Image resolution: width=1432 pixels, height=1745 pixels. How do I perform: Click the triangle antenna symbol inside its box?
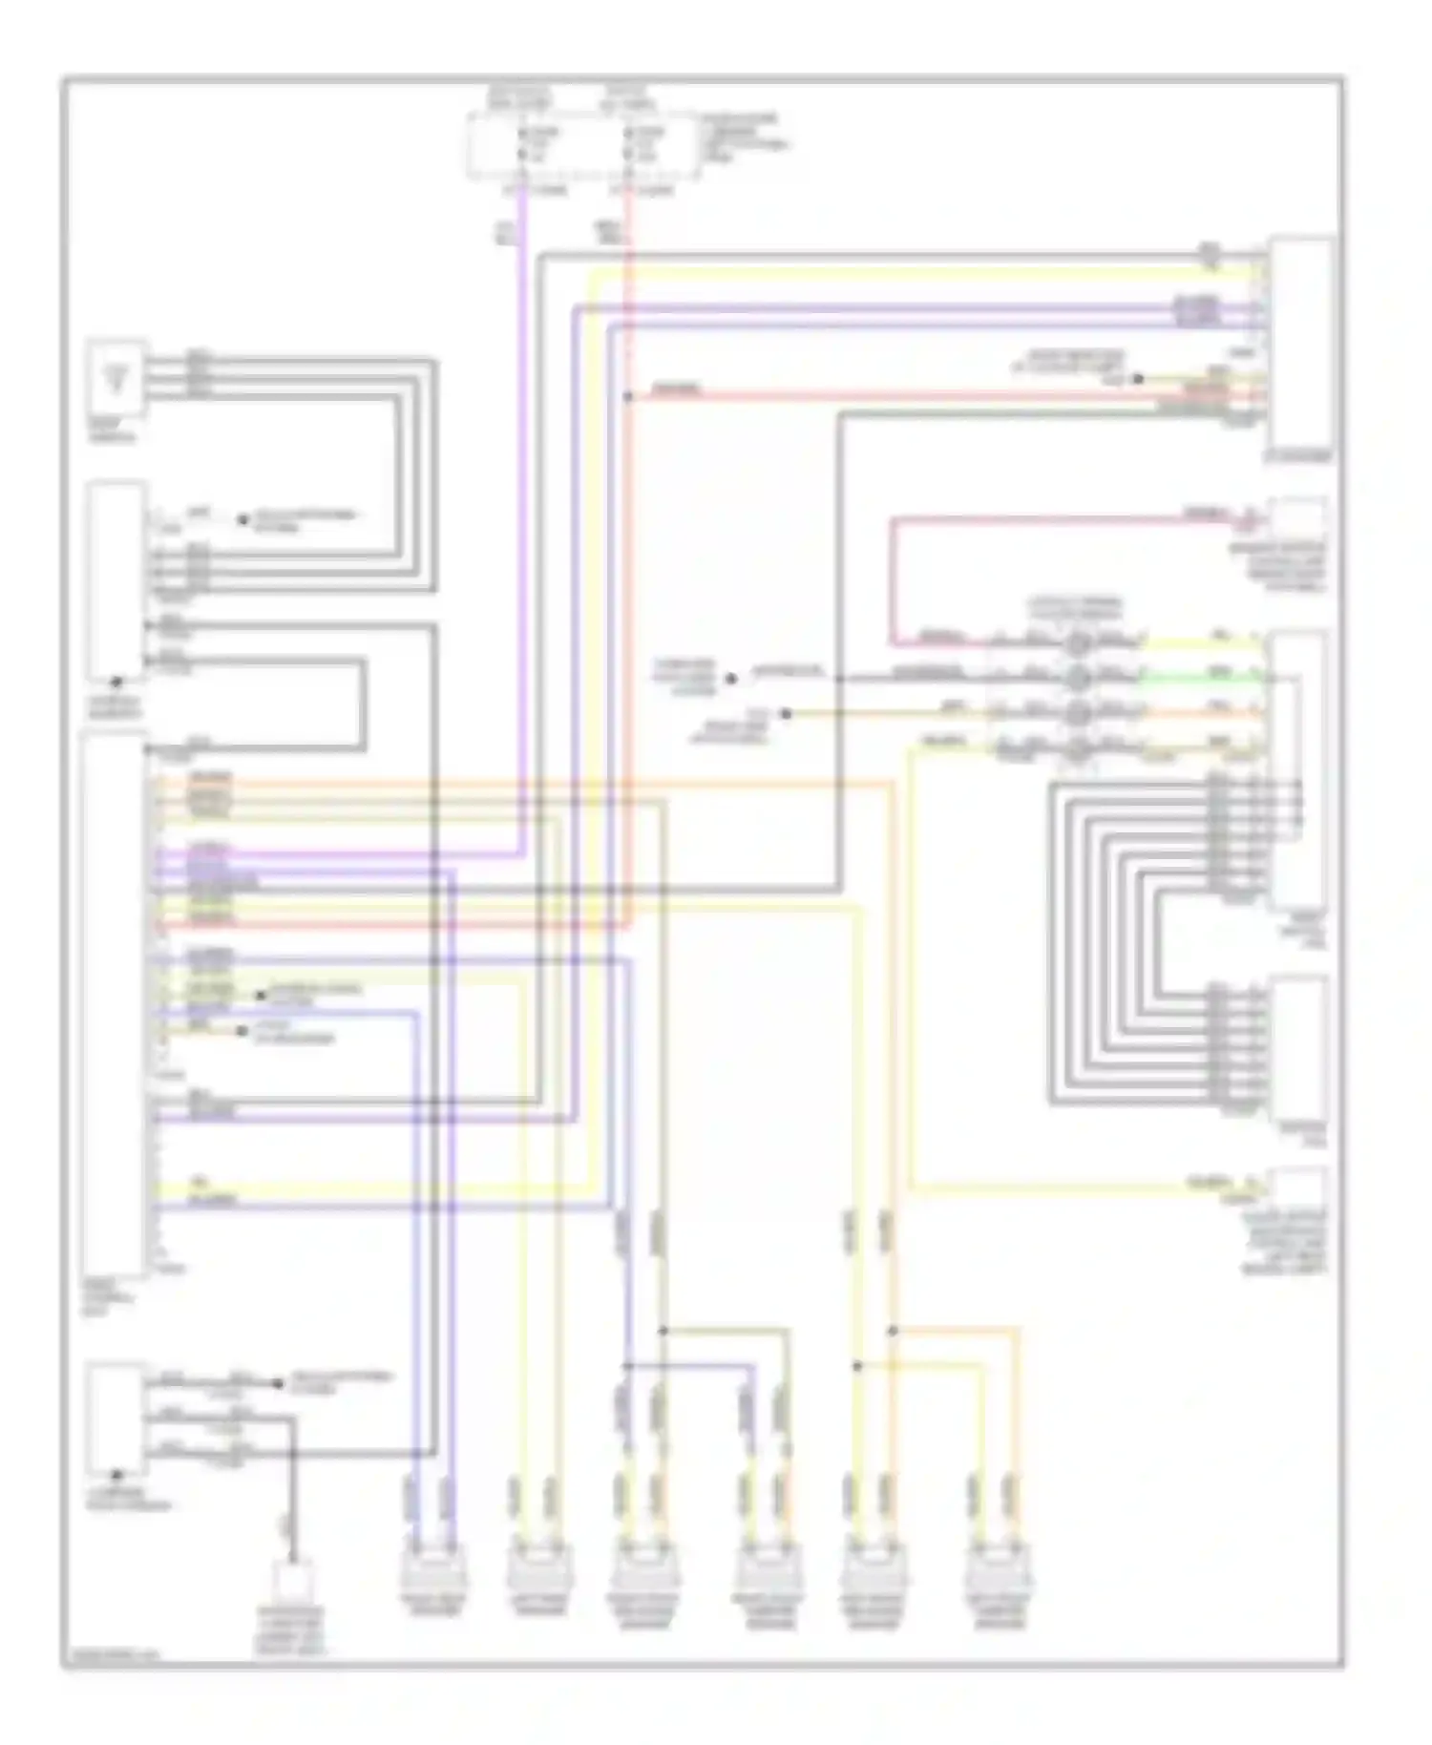point(117,378)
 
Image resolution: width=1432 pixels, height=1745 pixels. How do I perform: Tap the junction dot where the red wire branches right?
point(627,395)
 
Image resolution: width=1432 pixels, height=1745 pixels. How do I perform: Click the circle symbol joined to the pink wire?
point(1077,641)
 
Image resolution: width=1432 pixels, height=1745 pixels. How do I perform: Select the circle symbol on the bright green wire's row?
point(1077,679)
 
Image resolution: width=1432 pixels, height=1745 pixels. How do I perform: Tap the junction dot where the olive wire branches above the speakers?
point(663,1330)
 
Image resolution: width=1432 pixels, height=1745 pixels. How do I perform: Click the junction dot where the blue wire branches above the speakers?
point(627,1365)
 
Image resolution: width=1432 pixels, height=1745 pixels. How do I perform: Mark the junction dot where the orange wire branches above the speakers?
point(893,1330)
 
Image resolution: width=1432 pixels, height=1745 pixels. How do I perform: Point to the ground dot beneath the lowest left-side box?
point(116,1475)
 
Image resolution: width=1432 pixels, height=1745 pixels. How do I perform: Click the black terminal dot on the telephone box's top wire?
point(278,1383)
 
